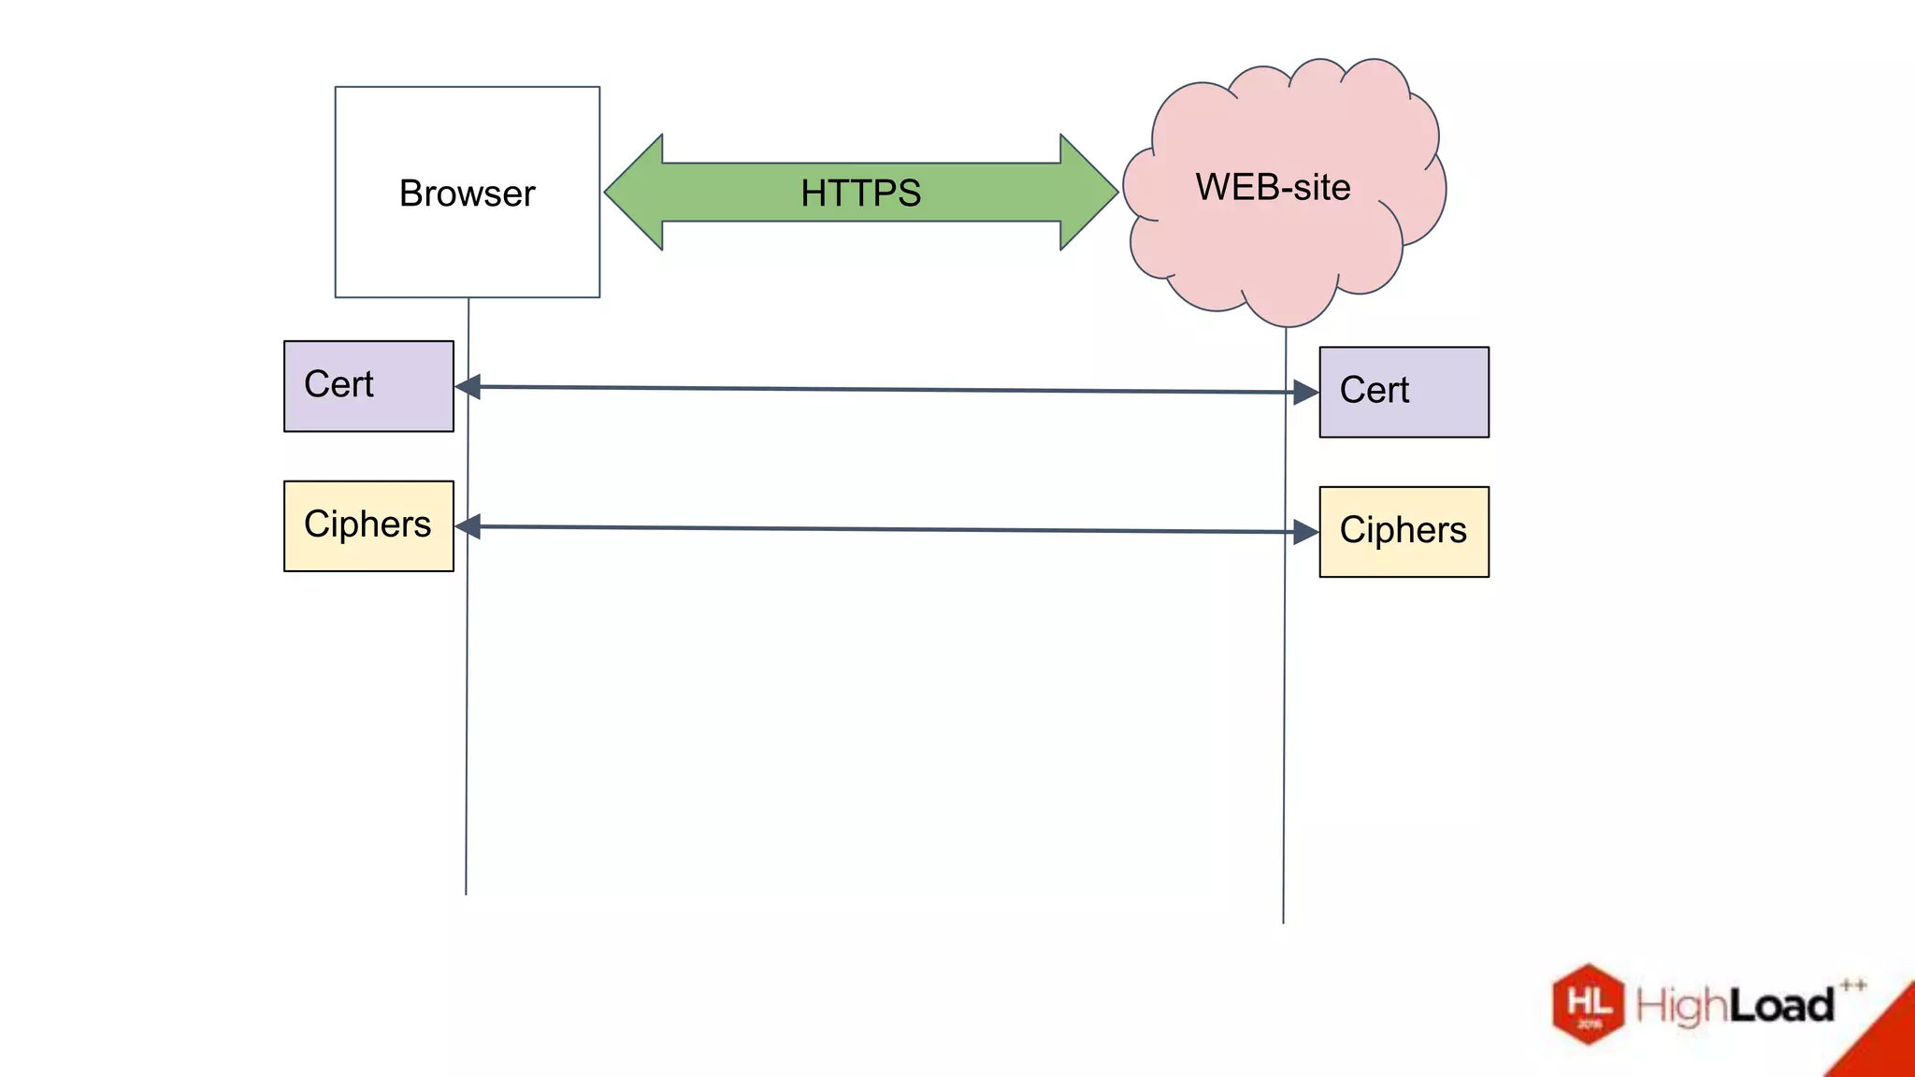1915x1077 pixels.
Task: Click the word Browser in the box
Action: coord(467,194)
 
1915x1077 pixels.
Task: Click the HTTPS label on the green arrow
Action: coord(860,193)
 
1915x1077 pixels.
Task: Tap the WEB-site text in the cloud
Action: coord(1273,187)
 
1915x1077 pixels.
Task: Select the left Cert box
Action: coord(368,386)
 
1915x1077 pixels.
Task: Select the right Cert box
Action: coord(1404,392)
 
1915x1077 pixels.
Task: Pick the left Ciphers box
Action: coord(368,525)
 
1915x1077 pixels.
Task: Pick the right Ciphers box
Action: coord(1404,531)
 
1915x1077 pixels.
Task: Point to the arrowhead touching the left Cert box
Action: coord(468,386)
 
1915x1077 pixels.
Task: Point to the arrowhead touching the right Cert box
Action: coord(1305,393)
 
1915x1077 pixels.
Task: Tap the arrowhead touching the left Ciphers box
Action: coord(468,526)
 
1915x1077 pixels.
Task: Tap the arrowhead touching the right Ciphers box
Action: coord(1305,532)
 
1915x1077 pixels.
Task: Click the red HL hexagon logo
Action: coord(1588,1003)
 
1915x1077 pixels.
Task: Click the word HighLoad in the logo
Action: coord(1735,1006)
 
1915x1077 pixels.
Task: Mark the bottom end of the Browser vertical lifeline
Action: coord(466,893)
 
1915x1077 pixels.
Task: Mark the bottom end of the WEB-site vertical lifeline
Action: coord(1283,921)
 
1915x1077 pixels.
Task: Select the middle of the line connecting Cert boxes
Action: coord(886,390)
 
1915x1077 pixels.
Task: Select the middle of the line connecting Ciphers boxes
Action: coord(886,529)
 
